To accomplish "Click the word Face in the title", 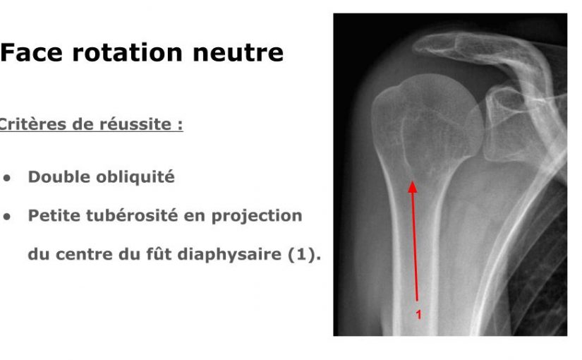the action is click(x=32, y=52).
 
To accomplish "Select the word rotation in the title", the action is click(x=128, y=52).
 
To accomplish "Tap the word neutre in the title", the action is click(x=238, y=53).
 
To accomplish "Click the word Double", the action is click(x=59, y=177).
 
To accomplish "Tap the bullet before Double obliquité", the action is click(x=7, y=178).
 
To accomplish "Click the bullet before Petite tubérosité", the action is click(x=7, y=217).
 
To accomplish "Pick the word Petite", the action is click(x=54, y=215).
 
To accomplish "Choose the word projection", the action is click(x=257, y=217).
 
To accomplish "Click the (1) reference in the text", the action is click(x=304, y=255).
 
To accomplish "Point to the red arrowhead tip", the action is click(x=413, y=181).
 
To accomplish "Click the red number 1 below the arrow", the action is click(x=418, y=315).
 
